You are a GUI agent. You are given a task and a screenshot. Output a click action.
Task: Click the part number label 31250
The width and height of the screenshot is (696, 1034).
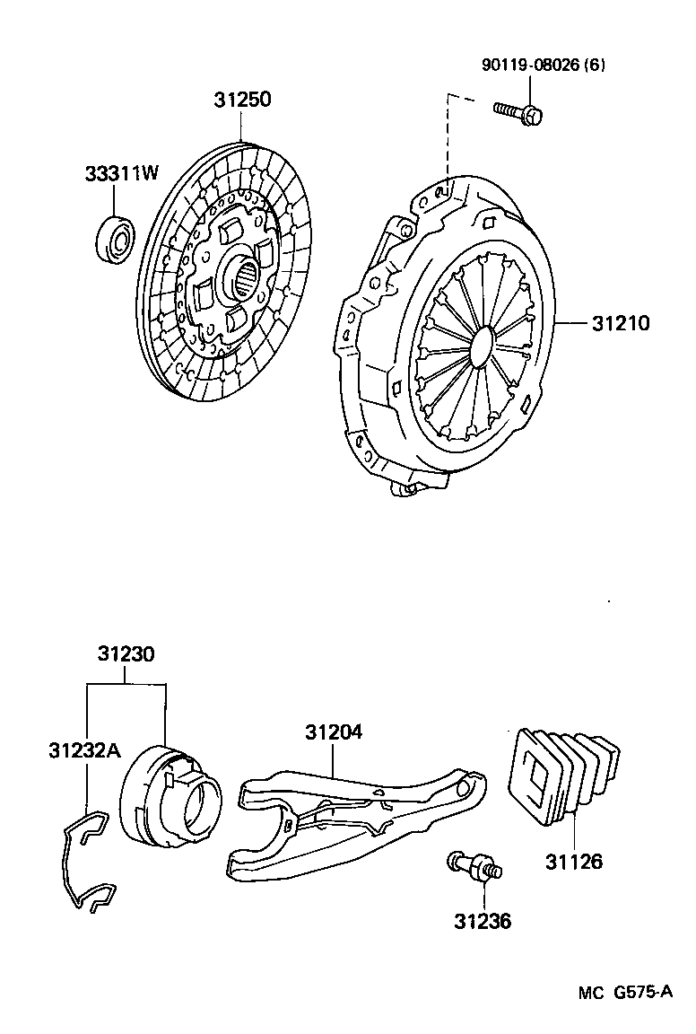point(241,100)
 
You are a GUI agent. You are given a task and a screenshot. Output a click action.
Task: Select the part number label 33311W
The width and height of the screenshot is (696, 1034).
point(122,173)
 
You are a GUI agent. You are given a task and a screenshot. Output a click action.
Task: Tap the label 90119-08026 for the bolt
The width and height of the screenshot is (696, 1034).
point(528,66)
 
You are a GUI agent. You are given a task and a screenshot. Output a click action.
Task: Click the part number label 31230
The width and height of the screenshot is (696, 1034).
point(126,655)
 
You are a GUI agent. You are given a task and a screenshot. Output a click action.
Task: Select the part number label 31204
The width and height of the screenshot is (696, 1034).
point(333,733)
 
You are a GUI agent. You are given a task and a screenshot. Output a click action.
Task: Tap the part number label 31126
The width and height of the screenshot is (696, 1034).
point(574,863)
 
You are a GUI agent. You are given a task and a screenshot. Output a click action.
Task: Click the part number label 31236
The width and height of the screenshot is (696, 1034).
point(483,921)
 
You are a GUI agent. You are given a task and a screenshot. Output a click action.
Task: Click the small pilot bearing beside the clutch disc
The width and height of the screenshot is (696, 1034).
point(115,234)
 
